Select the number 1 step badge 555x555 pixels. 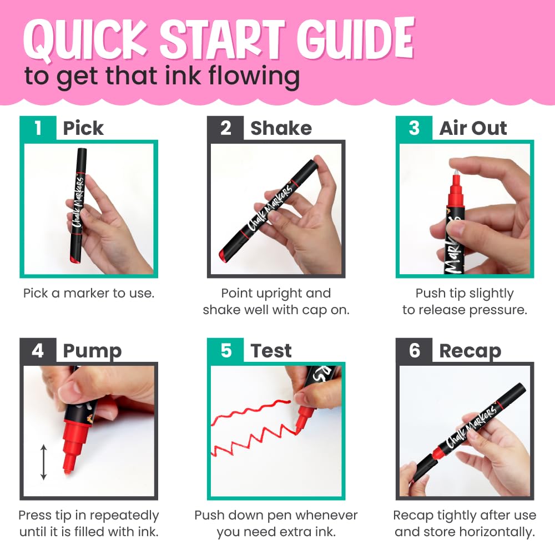pyautogui.click(x=38, y=128)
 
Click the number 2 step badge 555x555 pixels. pyautogui.click(x=225, y=128)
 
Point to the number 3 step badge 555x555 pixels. pyautogui.click(x=414, y=128)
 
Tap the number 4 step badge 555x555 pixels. pyautogui.click(x=38, y=350)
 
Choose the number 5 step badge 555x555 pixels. pyautogui.click(x=225, y=350)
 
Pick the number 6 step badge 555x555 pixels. pyautogui.click(x=414, y=350)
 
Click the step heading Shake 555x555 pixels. pyautogui.click(x=281, y=128)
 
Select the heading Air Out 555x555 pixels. pyautogui.click(x=473, y=128)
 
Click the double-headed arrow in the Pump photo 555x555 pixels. pyautogui.click(x=43, y=462)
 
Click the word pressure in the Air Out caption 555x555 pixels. pyautogui.click(x=498, y=310)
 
